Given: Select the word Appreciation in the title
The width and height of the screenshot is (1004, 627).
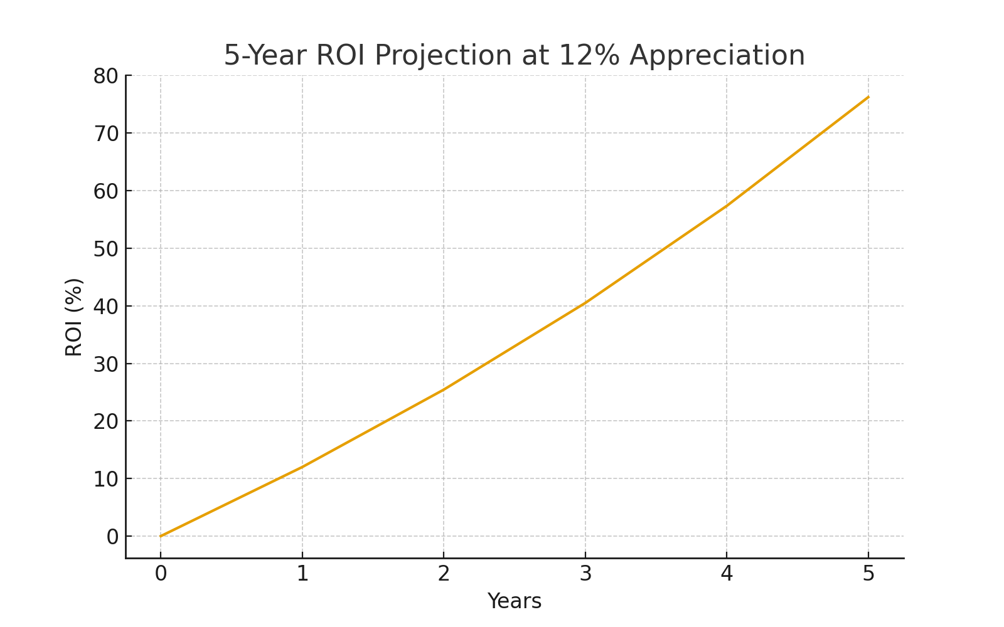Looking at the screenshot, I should pos(717,56).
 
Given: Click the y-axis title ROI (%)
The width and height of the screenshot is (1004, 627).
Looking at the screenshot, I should pos(74,317).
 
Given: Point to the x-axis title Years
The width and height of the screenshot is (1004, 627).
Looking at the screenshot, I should pos(514,601).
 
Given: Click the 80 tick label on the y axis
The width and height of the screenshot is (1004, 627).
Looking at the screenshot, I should pos(105,76).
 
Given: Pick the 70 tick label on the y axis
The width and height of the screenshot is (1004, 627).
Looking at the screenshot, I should pos(105,134).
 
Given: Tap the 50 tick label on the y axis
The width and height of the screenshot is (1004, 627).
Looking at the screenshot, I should pos(105,249).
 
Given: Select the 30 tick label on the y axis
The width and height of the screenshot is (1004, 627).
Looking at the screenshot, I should pos(105,364).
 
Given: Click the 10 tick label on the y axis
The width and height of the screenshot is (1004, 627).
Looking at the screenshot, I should pos(105,480).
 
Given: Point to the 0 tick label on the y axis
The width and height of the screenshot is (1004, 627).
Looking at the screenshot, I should pos(112,537).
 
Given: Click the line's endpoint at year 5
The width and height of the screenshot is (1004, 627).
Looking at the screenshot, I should pos(868,97).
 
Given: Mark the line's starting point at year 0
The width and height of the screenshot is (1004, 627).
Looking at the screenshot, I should pos(161,536).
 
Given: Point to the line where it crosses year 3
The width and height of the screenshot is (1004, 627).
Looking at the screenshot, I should pos(585,303).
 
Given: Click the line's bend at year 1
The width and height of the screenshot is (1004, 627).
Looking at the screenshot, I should pos(302,467).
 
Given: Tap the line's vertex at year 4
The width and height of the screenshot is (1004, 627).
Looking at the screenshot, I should pos(727,206).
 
